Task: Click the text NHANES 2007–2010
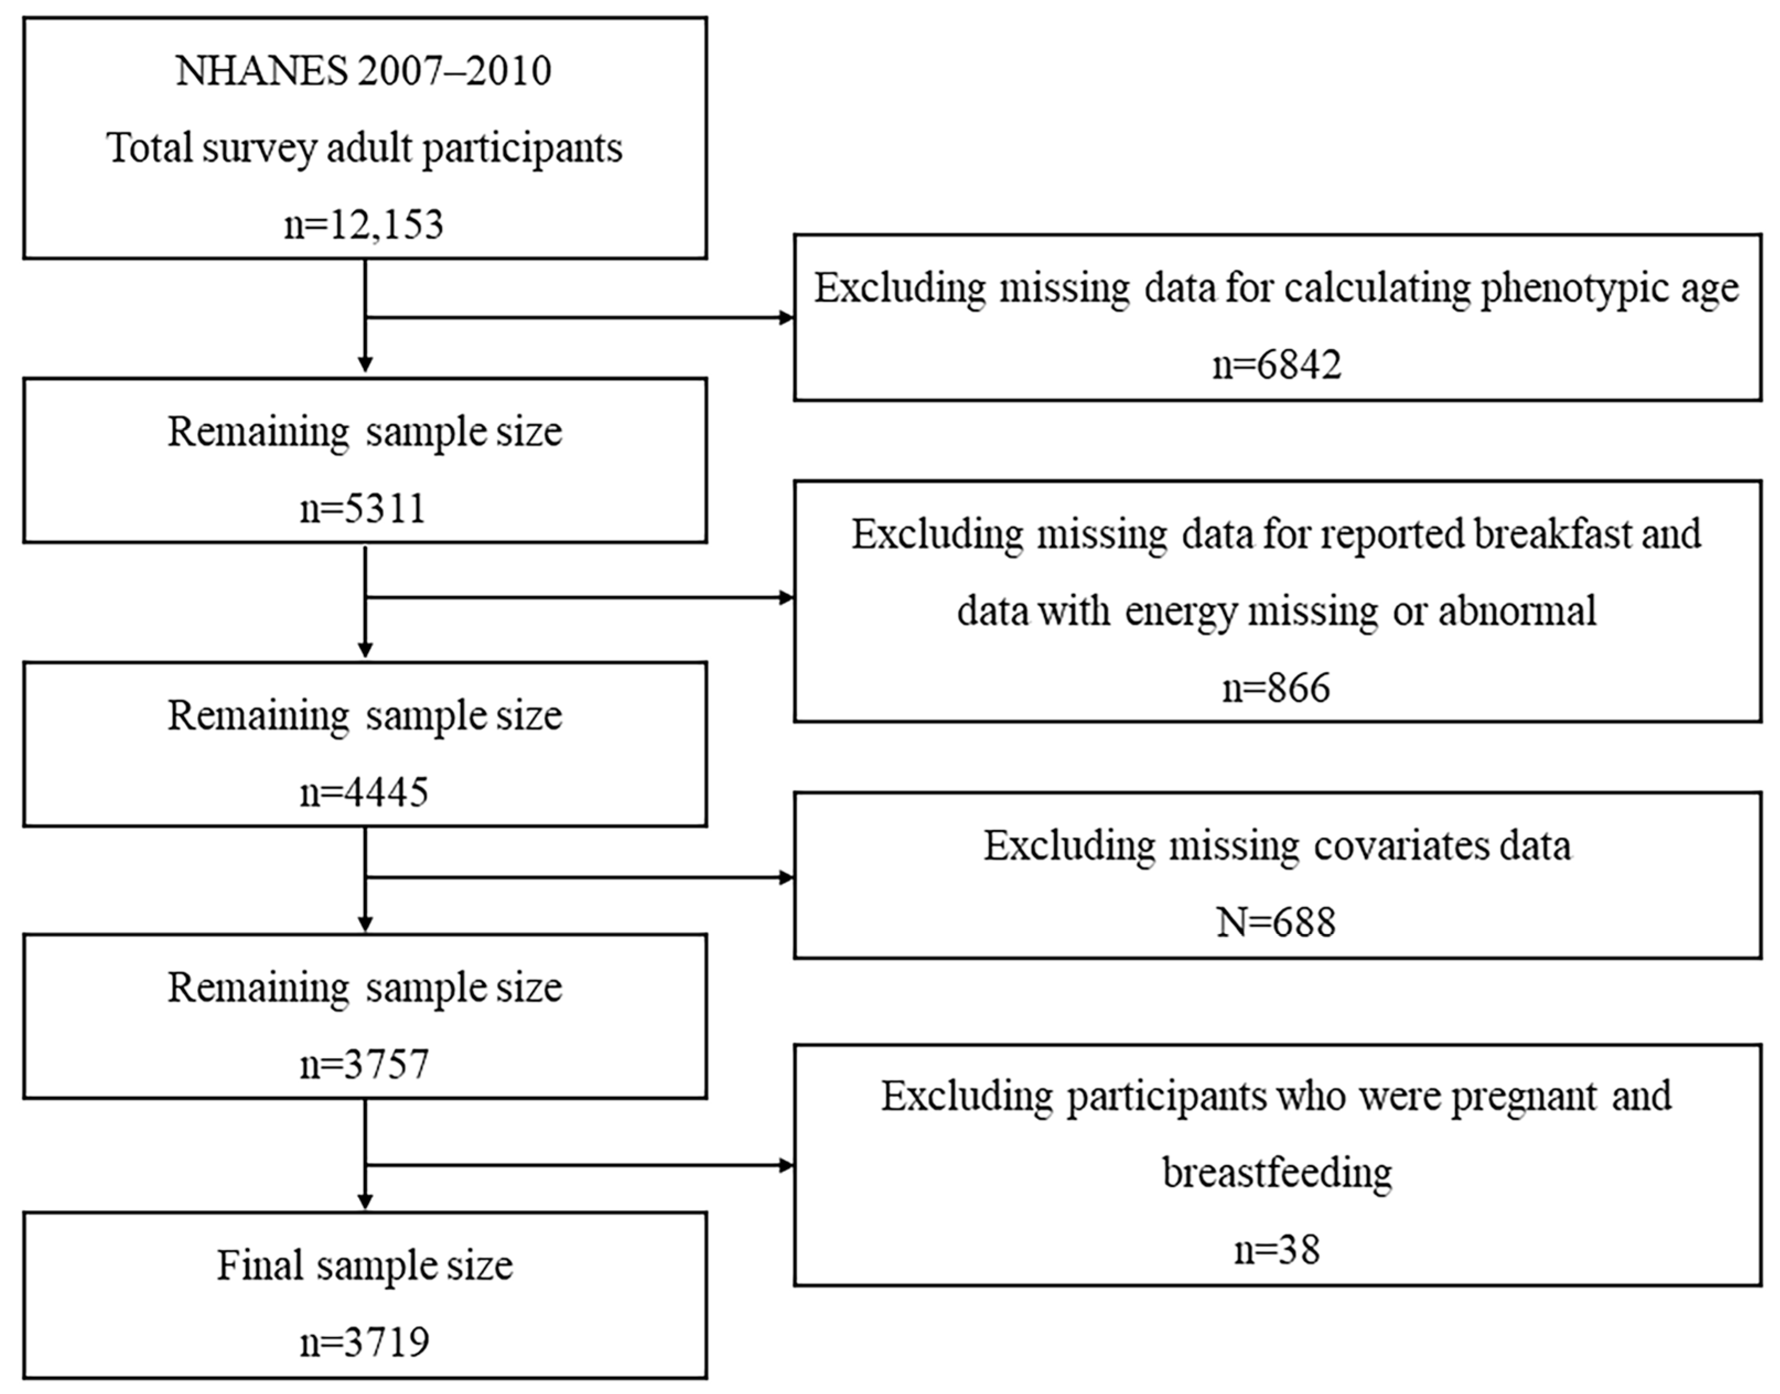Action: pyautogui.click(x=364, y=72)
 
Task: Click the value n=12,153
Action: pyautogui.click(x=364, y=224)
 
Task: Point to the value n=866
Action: pyautogui.click(x=1277, y=687)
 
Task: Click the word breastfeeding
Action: pyautogui.click(x=1277, y=1173)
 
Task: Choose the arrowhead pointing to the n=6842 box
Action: pyautogui.click(x=787, y=318)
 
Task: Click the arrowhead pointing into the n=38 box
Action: pyautogui.click(x=787, y=1165)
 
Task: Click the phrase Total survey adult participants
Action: pyautogui.click(x=364, y=148)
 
